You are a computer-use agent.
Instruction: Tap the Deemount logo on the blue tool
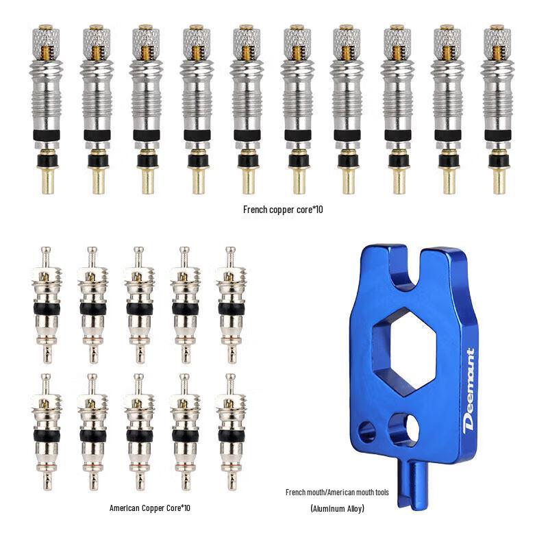[469, 389]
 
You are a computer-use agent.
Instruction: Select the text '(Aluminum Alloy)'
[337, 508]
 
